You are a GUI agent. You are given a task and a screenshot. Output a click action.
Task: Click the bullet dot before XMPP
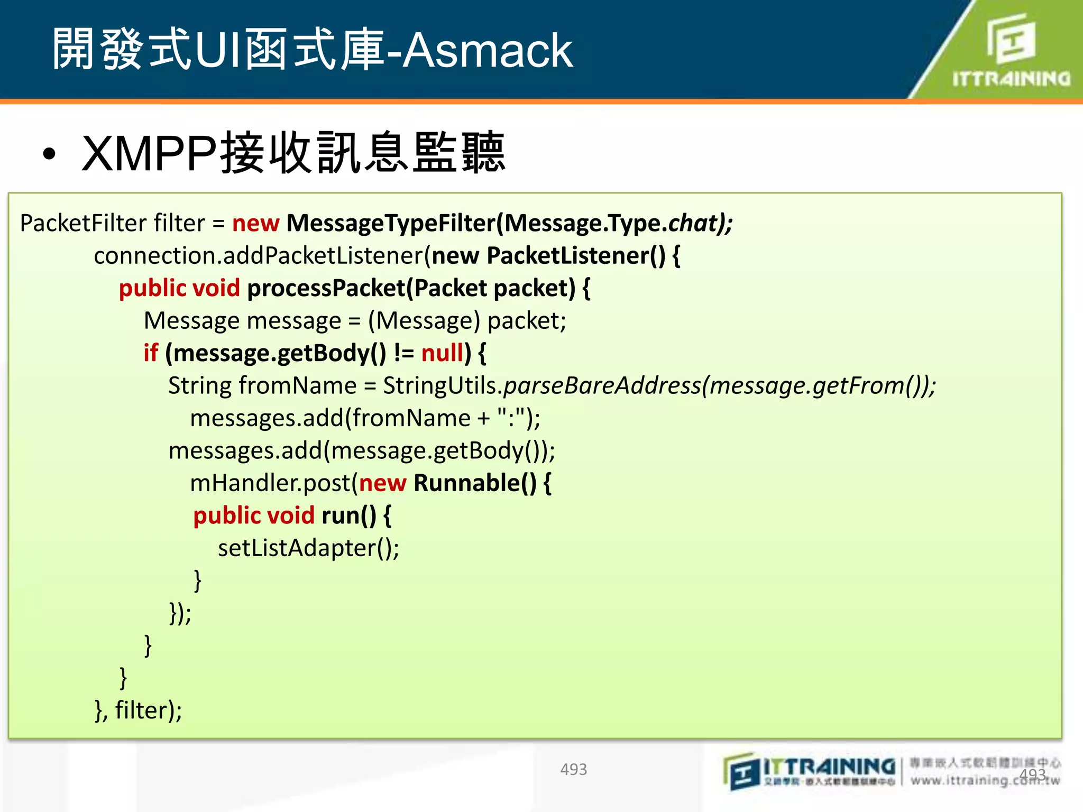49,154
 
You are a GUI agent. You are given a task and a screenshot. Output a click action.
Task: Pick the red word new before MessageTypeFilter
255,223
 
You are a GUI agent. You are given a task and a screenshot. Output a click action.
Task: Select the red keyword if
151,353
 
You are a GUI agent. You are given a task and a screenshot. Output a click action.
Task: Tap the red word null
442,353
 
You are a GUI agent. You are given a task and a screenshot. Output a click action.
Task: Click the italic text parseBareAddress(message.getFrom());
719,385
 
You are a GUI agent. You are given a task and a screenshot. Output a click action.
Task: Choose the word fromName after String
298,385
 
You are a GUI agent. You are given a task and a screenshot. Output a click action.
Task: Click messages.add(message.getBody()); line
362,450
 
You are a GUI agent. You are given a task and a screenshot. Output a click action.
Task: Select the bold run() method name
348,515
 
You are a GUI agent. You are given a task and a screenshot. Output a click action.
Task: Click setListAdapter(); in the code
308,548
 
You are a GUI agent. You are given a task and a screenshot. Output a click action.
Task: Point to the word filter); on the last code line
149,710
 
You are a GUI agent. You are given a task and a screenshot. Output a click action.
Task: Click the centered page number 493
573,769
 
